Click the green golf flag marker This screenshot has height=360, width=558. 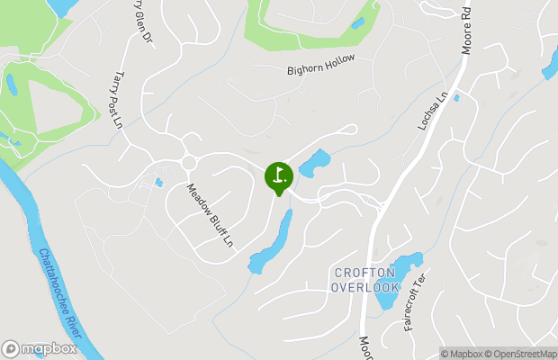(x=278, y=175)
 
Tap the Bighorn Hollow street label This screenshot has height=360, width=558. (x=321, y=64)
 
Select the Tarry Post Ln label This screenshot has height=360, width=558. (x=118, y=100)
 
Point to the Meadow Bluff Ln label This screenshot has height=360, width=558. (x=210, y=216)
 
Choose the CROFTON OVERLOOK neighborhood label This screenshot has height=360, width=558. (x=364, y=279)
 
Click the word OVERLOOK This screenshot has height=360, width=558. (x=364, y=287)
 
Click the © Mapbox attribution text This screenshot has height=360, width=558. (x=462, y=353)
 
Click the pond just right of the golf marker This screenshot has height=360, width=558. (x=314, y=164)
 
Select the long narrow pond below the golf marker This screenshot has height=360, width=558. (x=273, y=241)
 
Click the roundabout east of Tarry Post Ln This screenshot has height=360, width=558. (x=189, y=162)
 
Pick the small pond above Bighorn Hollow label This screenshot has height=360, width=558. (x=358, y=23)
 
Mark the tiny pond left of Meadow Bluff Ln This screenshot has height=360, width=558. (x=158, y=183)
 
